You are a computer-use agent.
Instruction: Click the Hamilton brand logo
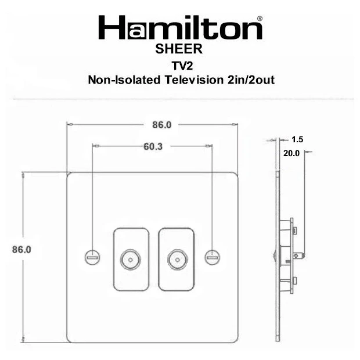pos(180,27)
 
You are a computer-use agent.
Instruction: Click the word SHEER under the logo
pos(179,49)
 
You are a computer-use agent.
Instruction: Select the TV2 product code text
pos(182,66)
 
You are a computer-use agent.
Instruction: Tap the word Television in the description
pos(194,80)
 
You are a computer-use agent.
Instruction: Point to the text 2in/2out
pos(251,80)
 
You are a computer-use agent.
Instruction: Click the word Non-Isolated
pos(124,80)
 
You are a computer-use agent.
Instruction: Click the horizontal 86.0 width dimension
pos(162,125)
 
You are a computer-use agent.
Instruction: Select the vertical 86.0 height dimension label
pos(21,249)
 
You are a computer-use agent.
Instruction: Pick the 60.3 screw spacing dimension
pos(153,146)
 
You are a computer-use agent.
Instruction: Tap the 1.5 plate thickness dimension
pos(297,139)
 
